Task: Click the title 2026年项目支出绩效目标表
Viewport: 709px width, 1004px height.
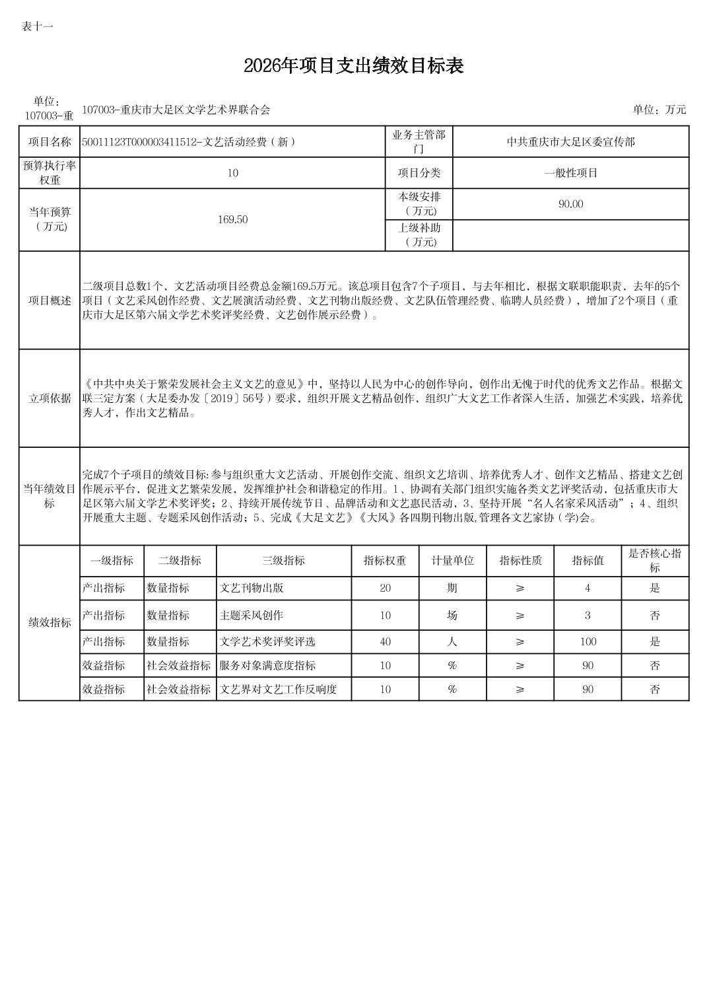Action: pos(354,66)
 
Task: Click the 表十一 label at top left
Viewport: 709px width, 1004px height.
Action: pos(37,26)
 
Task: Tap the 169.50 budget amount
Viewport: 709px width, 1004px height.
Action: pos(232,220)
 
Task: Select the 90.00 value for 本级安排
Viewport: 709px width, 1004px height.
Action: pos(570,204)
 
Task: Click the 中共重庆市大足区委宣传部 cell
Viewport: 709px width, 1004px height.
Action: pos(570,141)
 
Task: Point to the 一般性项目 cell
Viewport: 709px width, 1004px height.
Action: pos(570,173)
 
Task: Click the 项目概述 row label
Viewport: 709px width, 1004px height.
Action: pos(50,301)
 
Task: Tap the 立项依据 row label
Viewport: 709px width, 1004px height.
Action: pos(50,398)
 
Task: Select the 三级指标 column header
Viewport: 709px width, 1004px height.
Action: pos(283,561)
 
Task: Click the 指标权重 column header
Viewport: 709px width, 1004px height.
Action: pos(385,561)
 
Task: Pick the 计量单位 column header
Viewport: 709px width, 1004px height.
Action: pos(452,561)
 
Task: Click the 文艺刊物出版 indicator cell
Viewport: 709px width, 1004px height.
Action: pos(252,588)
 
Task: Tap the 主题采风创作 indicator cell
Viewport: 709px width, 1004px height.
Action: pos(252,616)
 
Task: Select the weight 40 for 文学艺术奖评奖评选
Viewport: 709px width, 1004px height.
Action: pos(385,641)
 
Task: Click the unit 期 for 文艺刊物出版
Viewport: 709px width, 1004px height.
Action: pos(452,588)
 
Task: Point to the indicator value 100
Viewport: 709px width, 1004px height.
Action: pos(588,641)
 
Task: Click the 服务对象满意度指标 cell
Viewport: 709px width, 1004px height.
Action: pos(267,666)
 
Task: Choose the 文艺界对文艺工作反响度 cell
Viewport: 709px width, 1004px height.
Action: pos(278,690)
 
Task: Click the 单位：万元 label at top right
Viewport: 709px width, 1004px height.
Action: pos(659,110)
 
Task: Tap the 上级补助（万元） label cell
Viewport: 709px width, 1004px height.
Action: pos(419,235)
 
